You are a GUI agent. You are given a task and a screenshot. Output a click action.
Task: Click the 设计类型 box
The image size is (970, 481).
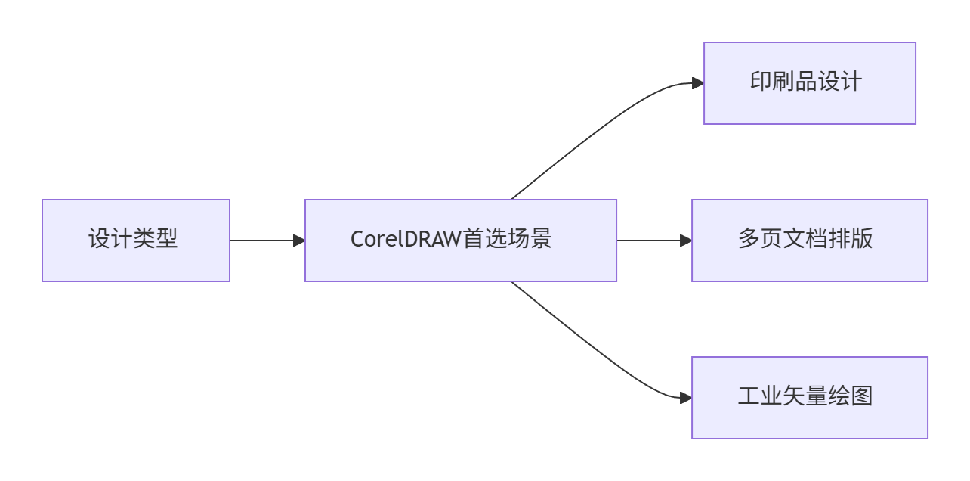pyautogui.click(x=136, y=240)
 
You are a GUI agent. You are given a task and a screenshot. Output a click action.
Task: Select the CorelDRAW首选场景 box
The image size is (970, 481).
pyautogui.click(x=461, y=240)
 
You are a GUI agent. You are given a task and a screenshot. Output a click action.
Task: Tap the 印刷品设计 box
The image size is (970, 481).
pyautogui.click(x=810, y=83)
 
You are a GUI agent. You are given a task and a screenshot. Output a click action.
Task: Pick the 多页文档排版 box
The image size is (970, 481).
pyautogui.click(x=810, y=240)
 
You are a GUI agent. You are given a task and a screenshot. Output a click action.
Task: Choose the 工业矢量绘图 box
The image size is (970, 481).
pyautogui.click(x=810, y=398)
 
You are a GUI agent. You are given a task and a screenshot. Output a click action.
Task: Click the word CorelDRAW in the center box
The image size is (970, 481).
pyautogui.click(x=406, y=239)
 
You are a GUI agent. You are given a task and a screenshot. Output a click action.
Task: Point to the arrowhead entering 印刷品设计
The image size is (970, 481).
pyautogui.click(x=698, y=83)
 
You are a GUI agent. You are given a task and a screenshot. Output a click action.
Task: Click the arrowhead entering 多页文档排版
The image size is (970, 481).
pyautogui.click(x=686, y=240)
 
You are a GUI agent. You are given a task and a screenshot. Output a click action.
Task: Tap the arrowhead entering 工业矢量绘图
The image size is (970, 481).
pyautogui.click(x=686, y=398)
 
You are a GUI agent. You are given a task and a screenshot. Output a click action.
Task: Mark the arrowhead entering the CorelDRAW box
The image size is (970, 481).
pyautogui.click(x=299, y=240)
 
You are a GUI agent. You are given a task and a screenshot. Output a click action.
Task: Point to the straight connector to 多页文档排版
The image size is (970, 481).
pyautogui.click(x=654, y=240)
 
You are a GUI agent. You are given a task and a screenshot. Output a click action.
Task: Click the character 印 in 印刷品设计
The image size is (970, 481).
pyautogui.click(x=761, y=82)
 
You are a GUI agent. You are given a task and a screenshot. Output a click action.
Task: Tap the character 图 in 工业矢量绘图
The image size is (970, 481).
pyautogui.click(x=862, y=396)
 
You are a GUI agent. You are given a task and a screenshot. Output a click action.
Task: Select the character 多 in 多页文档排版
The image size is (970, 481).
pyautogui.click(x=749, y=239)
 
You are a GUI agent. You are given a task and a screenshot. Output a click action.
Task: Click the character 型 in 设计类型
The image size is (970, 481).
pyautogui.click(x=167, y=239)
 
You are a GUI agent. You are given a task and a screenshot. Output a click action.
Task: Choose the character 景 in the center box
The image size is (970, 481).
pyautogui.click(x=541, y=239)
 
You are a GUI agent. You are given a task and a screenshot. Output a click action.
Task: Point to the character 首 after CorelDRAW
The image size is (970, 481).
pyautogui.click(x=474, y=239)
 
